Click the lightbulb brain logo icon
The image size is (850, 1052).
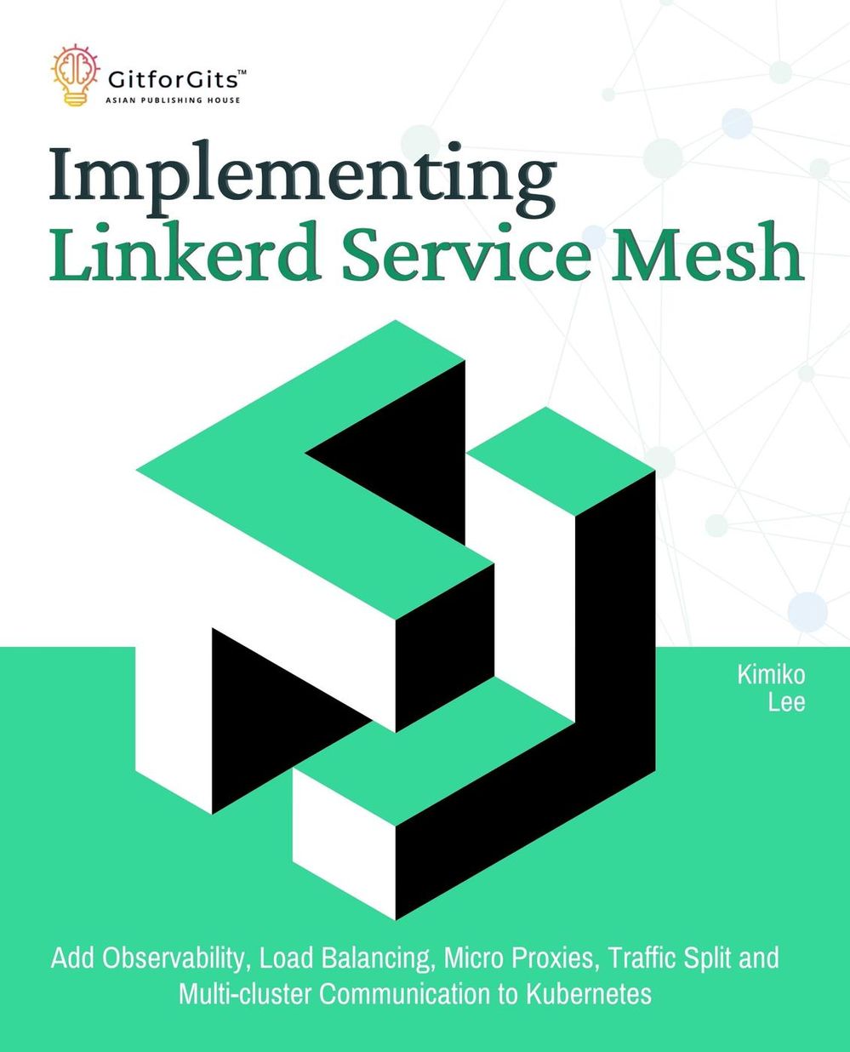(x=76, y=75)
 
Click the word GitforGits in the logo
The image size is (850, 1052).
(x=173, y=80)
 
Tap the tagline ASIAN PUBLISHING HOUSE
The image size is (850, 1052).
(x=173, y=100)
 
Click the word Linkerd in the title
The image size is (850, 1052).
(x=183, y=252)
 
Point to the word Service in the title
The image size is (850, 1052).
(x=466, y=252)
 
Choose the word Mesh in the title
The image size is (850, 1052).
(x=707, y=252)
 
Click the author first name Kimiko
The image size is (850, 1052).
(x=771, y=675)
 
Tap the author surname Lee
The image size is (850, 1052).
(x=786, y=702)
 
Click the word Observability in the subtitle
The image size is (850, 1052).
(x=174, y=958)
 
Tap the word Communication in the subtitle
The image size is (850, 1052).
(x=405, y=994)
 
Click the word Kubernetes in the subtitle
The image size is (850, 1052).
(x=589, y=994)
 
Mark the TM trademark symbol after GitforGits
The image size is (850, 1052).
(x=242, y=72)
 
